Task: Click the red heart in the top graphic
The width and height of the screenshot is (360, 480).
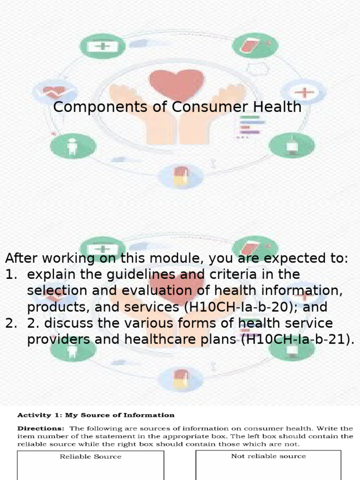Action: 177,83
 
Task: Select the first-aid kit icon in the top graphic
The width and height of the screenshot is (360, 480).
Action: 103,46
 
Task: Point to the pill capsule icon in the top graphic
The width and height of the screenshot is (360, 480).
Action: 180,177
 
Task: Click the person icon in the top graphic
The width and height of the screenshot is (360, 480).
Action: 73,146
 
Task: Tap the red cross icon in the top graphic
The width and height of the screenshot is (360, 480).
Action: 303,92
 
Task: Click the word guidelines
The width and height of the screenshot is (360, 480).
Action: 124,274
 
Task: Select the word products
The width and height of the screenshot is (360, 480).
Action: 56,307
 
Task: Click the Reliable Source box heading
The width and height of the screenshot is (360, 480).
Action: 90,457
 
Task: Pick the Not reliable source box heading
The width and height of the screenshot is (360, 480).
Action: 268,456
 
